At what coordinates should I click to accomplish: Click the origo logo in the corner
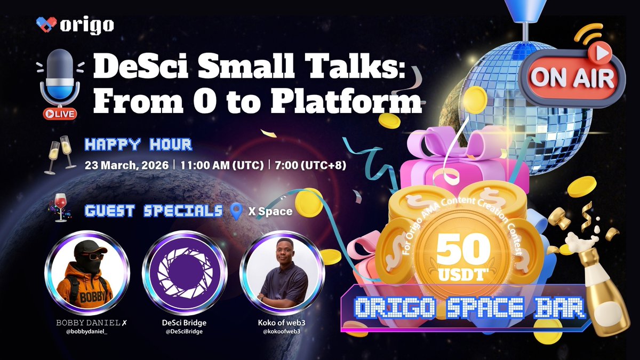pos(75,25)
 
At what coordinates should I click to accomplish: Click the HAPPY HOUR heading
pos(138,144)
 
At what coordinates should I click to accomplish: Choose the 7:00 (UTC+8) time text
pos(310,165)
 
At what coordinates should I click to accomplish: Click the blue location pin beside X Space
pos(235,212)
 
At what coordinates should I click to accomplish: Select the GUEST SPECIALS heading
pos(153,211)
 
